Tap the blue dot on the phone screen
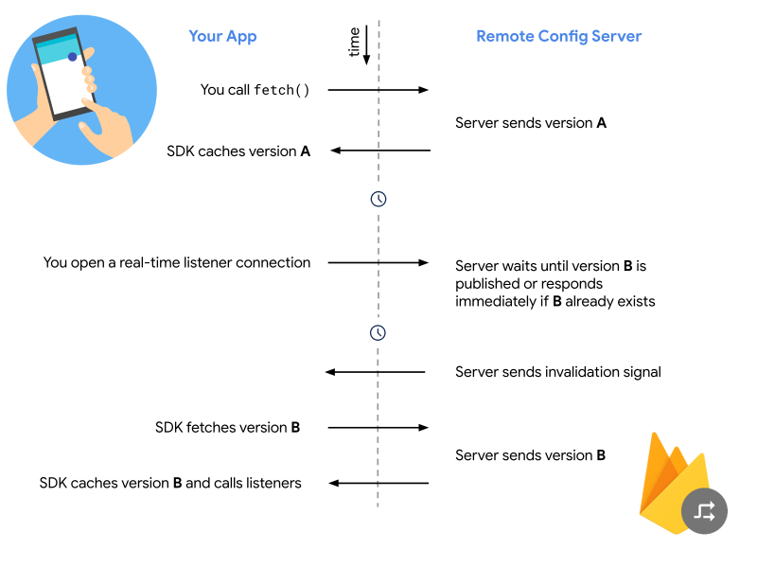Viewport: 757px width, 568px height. pyautogui.click(x=72, y=57)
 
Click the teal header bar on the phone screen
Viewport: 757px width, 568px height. pyautogui.click(x=57, y=45)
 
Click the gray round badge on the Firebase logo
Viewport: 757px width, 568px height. pyautogui.click(x=704, y=511)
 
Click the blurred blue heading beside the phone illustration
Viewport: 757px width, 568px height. pyautogui.click(x=222, y=37)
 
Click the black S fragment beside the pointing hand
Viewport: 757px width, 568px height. pyautogui.click(x=171, y=151)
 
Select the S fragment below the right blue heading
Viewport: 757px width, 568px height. pyautogui.click(x=460, y=121)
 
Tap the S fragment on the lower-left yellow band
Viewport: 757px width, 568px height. pyautogui.click(x=44, y=483)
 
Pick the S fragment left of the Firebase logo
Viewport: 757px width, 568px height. pyautogui.click(x=460, y=455)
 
